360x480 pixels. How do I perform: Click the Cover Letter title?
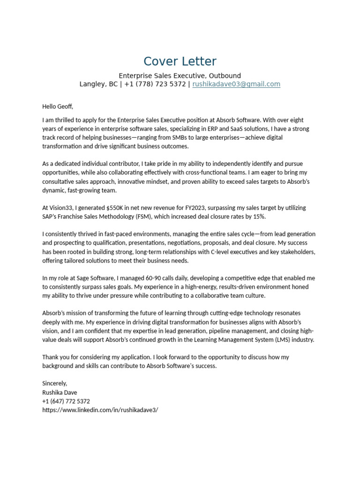point(180,61)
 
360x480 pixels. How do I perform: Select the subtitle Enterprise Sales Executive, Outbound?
point(180,75)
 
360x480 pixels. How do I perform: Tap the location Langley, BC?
point(98,84)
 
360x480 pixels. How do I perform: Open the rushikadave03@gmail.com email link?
point(236,84)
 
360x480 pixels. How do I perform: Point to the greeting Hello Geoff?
point(58,106)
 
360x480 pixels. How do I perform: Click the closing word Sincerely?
point(55,383)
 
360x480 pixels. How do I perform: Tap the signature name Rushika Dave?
point(60,392)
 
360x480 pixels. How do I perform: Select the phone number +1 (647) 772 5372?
point(66,401)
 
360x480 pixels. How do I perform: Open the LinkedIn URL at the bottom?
point(100,410)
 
